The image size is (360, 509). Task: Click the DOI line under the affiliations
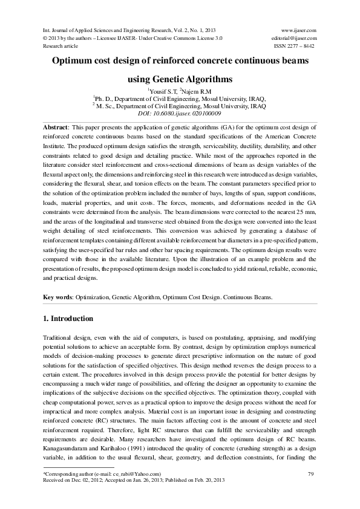[x=180, y=112]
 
